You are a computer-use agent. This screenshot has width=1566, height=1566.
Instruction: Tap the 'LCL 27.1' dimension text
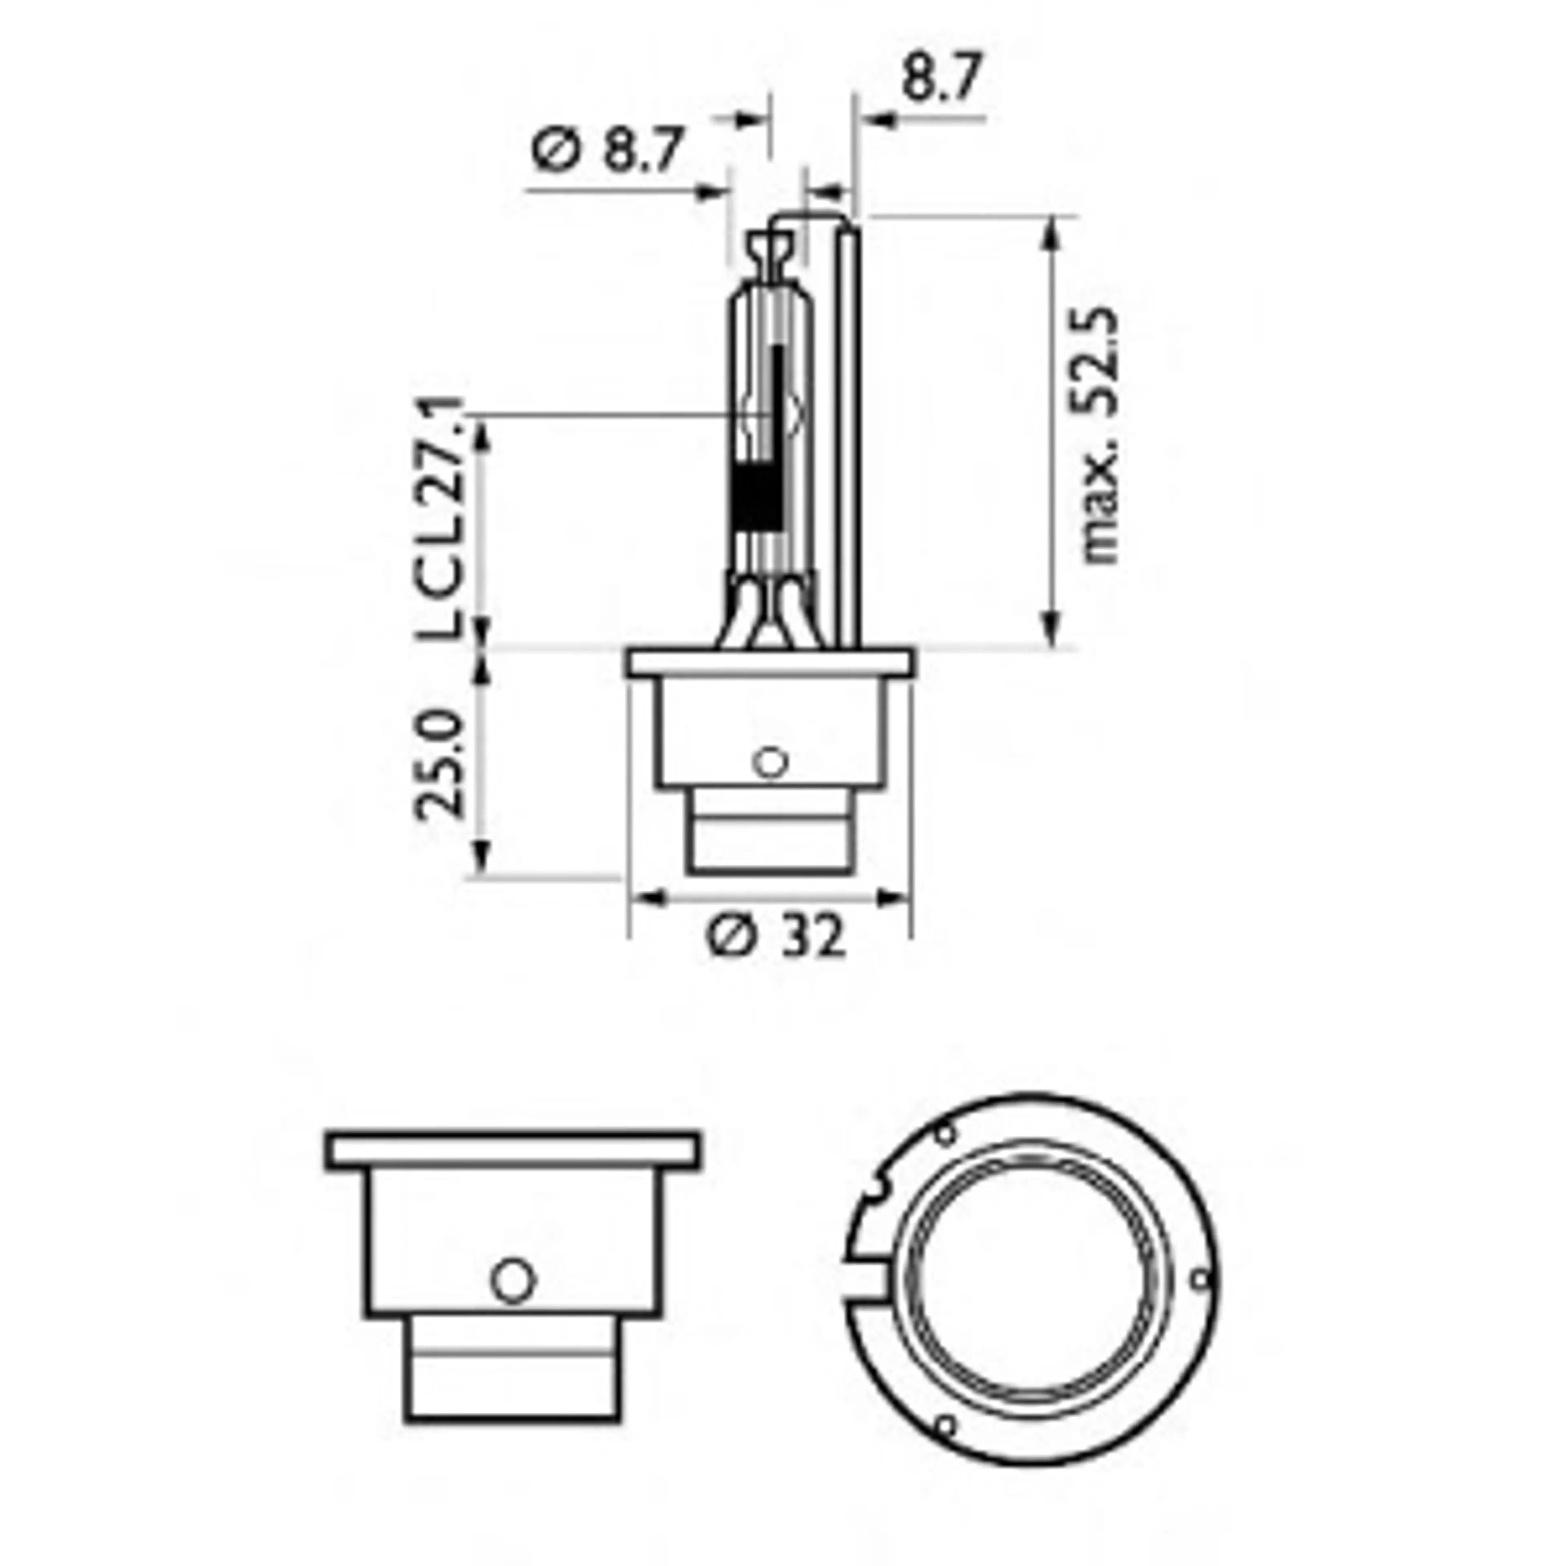point(442,519)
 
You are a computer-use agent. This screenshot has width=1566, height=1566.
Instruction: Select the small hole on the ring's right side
point(1201,1279)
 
